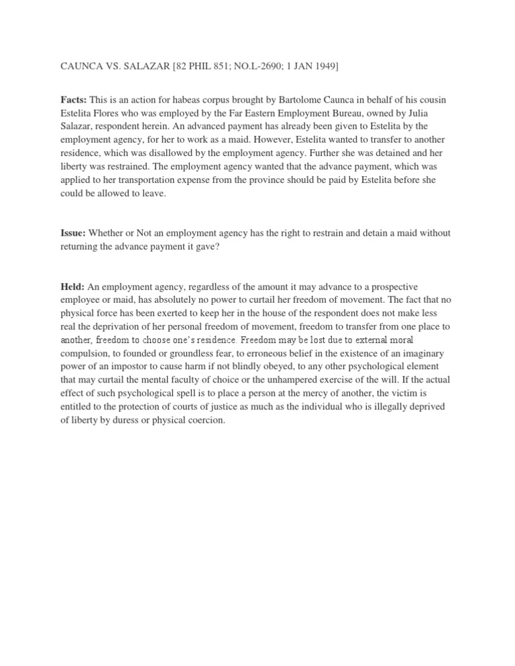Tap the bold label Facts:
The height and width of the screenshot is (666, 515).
point(74,100)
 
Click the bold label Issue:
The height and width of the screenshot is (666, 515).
point(74,232)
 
